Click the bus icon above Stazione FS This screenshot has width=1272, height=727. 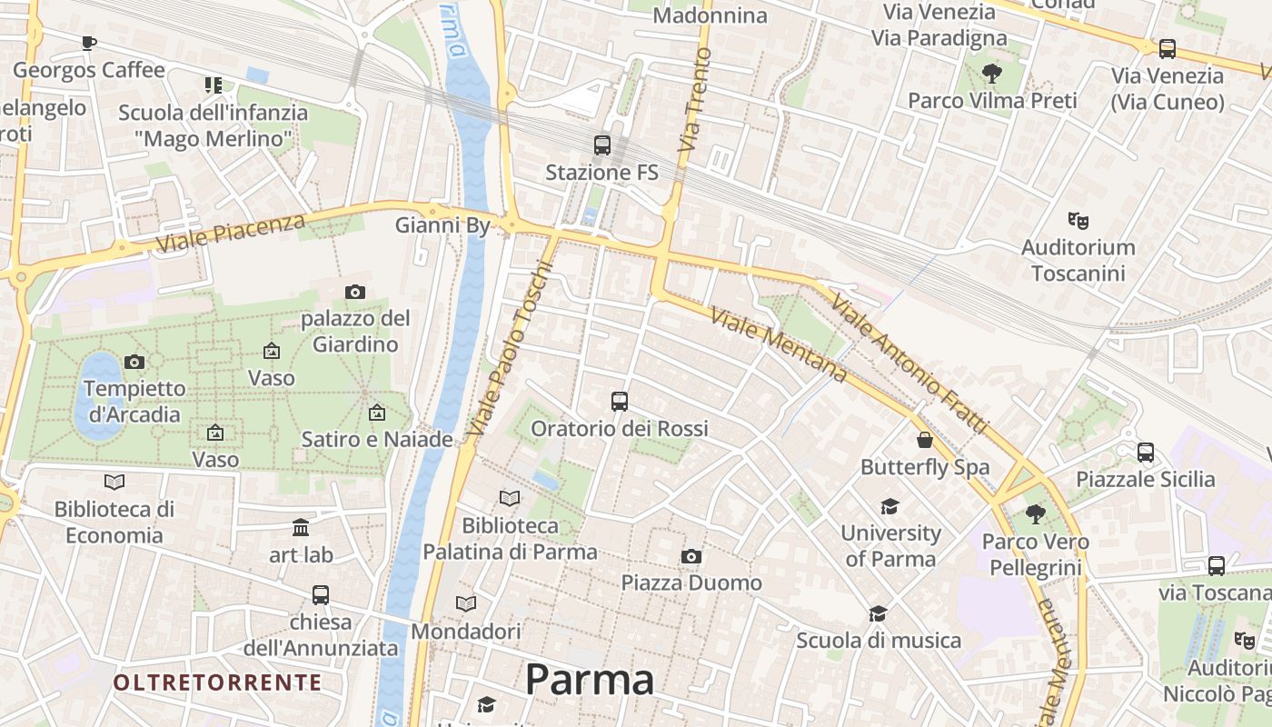click(601, 144)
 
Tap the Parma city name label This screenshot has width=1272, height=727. click(590, 680)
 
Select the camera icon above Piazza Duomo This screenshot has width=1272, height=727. click(691, 556)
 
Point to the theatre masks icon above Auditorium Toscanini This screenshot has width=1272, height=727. click(1078, 220)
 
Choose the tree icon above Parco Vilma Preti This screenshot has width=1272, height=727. click(991, 74)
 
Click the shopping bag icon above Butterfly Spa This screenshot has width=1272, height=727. click(925, 441)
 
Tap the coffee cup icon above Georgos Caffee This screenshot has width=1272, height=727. click(88, 43)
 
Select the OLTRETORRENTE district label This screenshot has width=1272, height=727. click(218, 682)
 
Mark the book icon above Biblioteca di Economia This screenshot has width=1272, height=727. click(114, 482)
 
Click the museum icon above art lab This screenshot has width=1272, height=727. click(301, 527)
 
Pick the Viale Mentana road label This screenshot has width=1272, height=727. click(779, 345)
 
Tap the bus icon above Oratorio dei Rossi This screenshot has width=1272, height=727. click(620, 401)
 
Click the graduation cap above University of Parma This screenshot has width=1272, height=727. click(889, 506)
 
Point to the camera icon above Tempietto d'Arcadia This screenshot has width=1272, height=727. click(134, 362)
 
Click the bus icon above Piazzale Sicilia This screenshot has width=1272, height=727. click(1146, 452)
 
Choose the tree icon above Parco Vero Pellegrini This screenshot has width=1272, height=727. click(1035, 515)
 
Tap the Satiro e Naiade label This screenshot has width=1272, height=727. click(377, 440)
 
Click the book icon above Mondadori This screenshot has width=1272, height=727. click(466, 603)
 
